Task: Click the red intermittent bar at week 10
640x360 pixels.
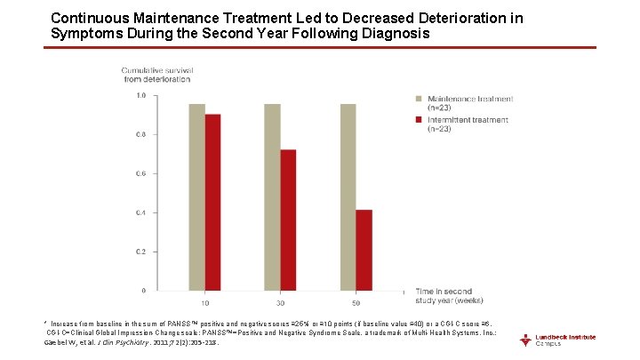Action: (213, 202)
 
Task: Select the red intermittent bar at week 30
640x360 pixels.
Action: (288, 220)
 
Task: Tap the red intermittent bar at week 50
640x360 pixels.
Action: (364, 250)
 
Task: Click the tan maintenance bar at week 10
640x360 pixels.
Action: (196, 196)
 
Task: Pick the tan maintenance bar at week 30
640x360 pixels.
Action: (272, 196)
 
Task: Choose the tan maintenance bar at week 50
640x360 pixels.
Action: (348, 196)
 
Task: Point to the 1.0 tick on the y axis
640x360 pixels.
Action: (140, 96)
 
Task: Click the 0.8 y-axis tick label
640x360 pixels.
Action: (140, 135)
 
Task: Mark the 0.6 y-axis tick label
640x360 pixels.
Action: (140, 174)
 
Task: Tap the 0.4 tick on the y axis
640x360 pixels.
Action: (140, 213)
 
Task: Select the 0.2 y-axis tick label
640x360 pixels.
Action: (140, 252)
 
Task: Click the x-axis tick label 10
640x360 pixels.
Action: (205, 303)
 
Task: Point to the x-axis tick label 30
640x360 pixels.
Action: (280, 303)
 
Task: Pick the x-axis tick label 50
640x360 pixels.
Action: (356, 303)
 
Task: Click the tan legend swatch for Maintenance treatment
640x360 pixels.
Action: (419, 98)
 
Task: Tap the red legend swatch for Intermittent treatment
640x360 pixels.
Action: (419, 118)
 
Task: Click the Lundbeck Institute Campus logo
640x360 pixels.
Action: (559, 340)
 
